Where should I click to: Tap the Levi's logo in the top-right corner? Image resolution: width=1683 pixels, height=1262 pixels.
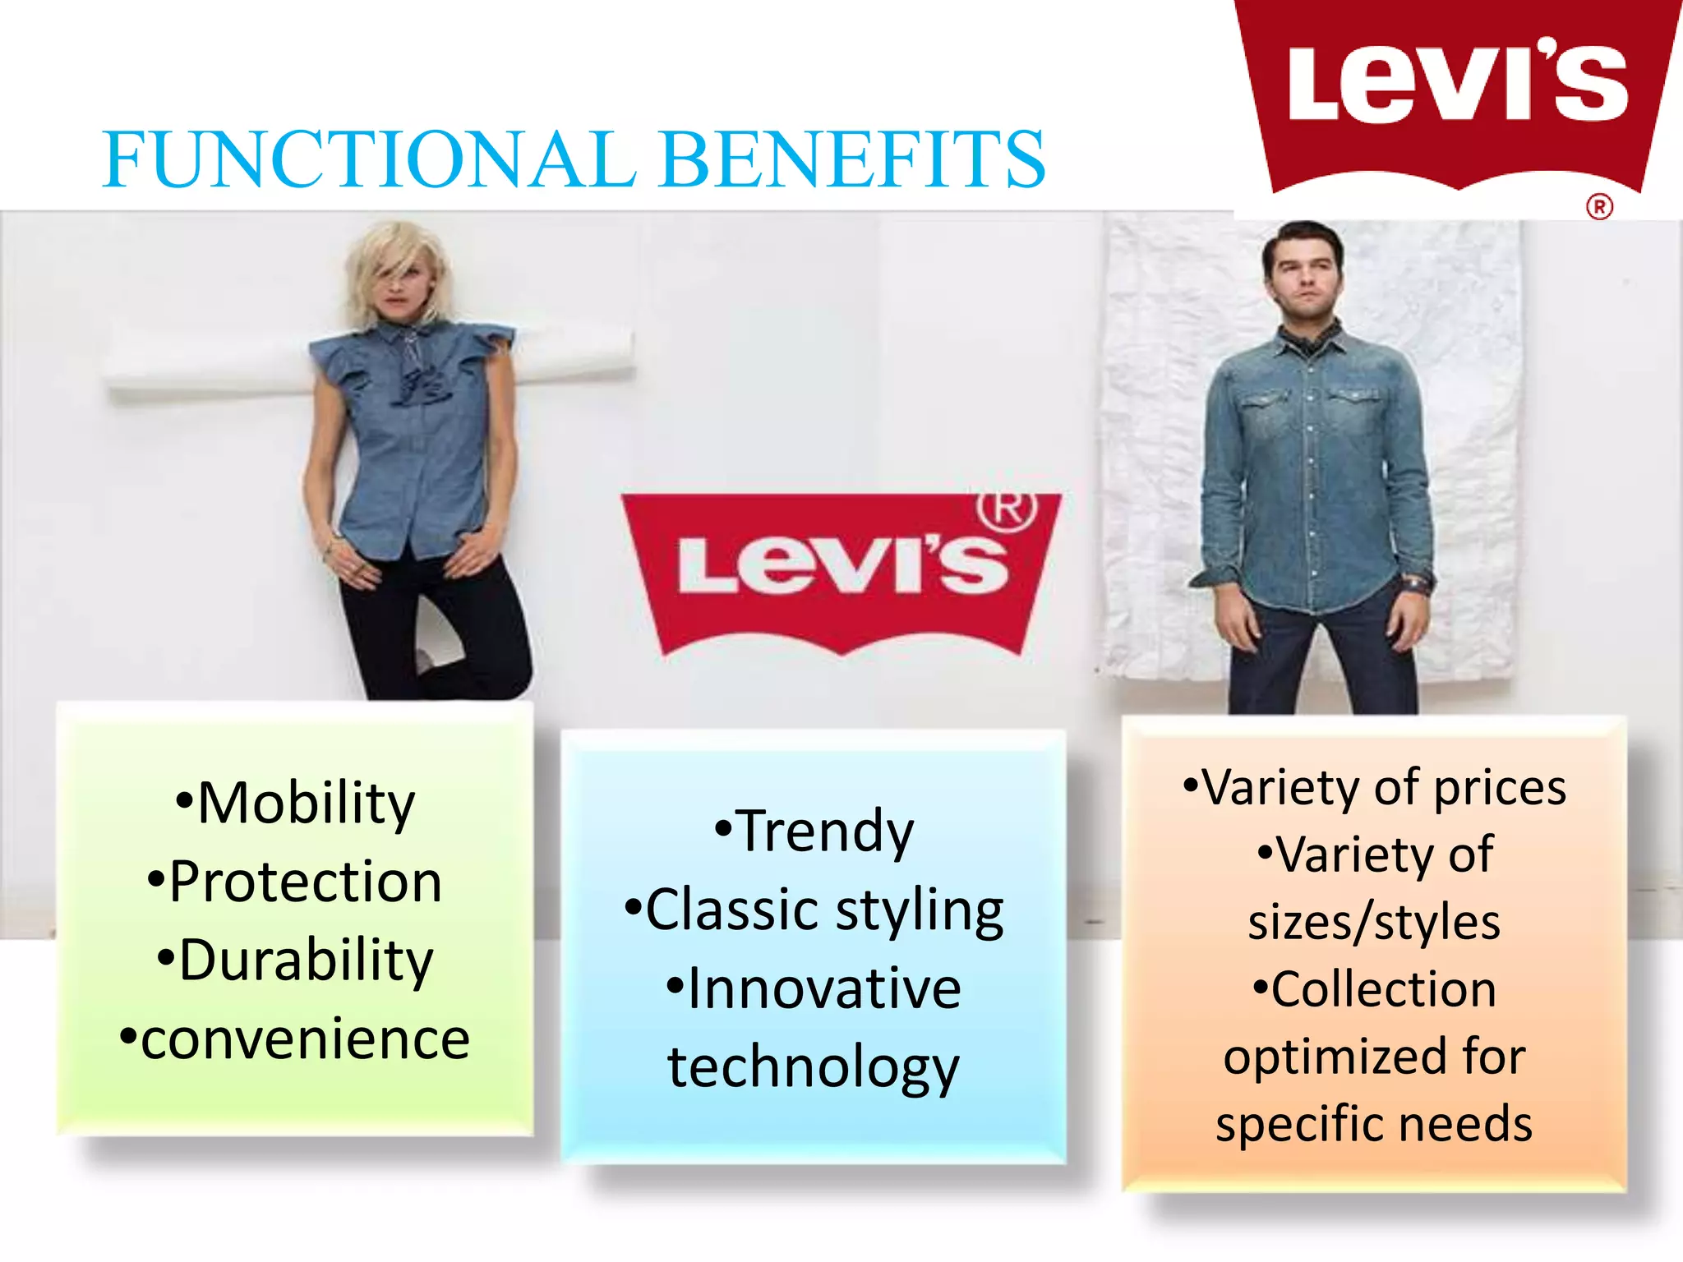coord(1457,90)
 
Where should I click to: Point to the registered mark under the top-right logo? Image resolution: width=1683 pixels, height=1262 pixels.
coord(1599,206)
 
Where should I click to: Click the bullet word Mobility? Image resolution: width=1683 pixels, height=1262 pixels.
coord(306,803)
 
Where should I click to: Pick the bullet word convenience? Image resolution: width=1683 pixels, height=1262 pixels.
coord(305,1039)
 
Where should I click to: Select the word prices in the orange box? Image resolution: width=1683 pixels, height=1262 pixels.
coord(1500,788)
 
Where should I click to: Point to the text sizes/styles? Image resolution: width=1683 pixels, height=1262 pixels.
coord(1374,922)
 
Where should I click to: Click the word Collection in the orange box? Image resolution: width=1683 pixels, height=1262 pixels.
coord(1384,988)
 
